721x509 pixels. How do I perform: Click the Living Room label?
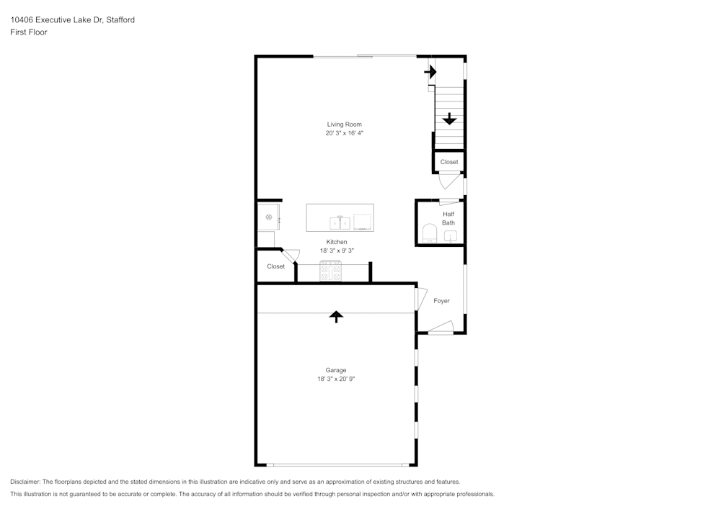click(x=345, y=125)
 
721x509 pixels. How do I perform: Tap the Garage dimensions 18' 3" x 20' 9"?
click(x=336, y=379)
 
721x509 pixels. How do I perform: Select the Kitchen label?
click(x=337, y=242)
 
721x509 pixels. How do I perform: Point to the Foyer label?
click(x=441, y=301)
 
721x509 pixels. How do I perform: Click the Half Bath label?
click(x=448, y=218)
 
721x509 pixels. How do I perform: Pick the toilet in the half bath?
click(x=430, y=233)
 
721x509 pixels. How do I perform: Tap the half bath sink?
click(x=451, y=236)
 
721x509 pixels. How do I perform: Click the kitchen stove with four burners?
click(x=331, y=271)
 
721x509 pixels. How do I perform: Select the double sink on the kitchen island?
click(x=340, y=223)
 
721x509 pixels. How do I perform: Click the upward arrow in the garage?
click(x=336, y=317)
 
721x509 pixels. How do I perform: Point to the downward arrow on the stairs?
click(x=449, y=119)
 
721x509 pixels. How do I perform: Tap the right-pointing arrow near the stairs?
click(x=430, y=72)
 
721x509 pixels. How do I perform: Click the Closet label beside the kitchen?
click(x=276, y=266)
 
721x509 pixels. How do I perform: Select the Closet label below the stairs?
click(x=449, y=162)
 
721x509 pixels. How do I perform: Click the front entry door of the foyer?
click(x=441, y=328)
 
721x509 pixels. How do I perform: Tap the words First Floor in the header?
click(x=29, y=32)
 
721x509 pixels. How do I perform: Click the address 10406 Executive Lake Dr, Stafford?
click(x=73, y=19)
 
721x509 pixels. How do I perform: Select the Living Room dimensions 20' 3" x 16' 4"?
click(x=345, y=133)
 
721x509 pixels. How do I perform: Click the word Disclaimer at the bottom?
click(x=25, y=482)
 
